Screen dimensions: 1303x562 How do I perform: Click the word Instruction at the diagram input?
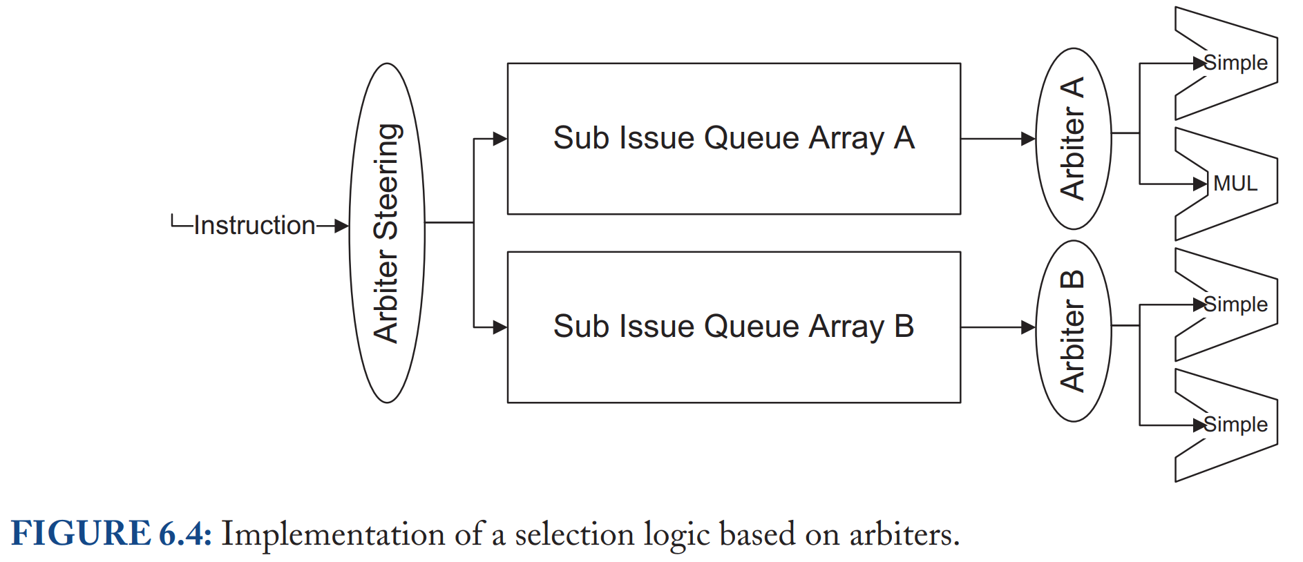(254, 225)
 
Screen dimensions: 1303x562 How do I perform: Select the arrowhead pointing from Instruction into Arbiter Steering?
(341, 226)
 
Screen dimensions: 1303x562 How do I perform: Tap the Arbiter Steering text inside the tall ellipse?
(386, 233)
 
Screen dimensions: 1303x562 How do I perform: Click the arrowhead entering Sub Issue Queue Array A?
(500, 139)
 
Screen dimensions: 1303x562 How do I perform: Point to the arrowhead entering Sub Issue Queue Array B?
(500, 327)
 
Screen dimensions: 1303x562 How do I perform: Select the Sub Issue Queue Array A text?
(734, 138)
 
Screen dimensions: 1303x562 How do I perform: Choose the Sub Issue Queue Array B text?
(734, 327)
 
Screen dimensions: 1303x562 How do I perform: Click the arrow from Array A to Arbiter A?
(998, 139)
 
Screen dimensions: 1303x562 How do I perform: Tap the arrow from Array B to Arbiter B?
(998, 327)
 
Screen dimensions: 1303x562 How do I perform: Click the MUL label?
(1235, 184)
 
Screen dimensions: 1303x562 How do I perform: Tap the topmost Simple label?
(1236, 63)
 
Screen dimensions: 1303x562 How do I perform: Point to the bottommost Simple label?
(1236, 425)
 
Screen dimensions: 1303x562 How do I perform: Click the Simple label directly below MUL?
(1236, 304)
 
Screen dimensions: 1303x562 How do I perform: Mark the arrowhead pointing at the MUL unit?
(1200, 184)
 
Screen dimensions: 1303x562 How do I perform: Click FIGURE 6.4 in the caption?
(111, 534)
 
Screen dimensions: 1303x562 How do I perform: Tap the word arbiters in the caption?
(904, 534)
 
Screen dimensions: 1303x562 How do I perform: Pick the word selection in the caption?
(575, 534)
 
